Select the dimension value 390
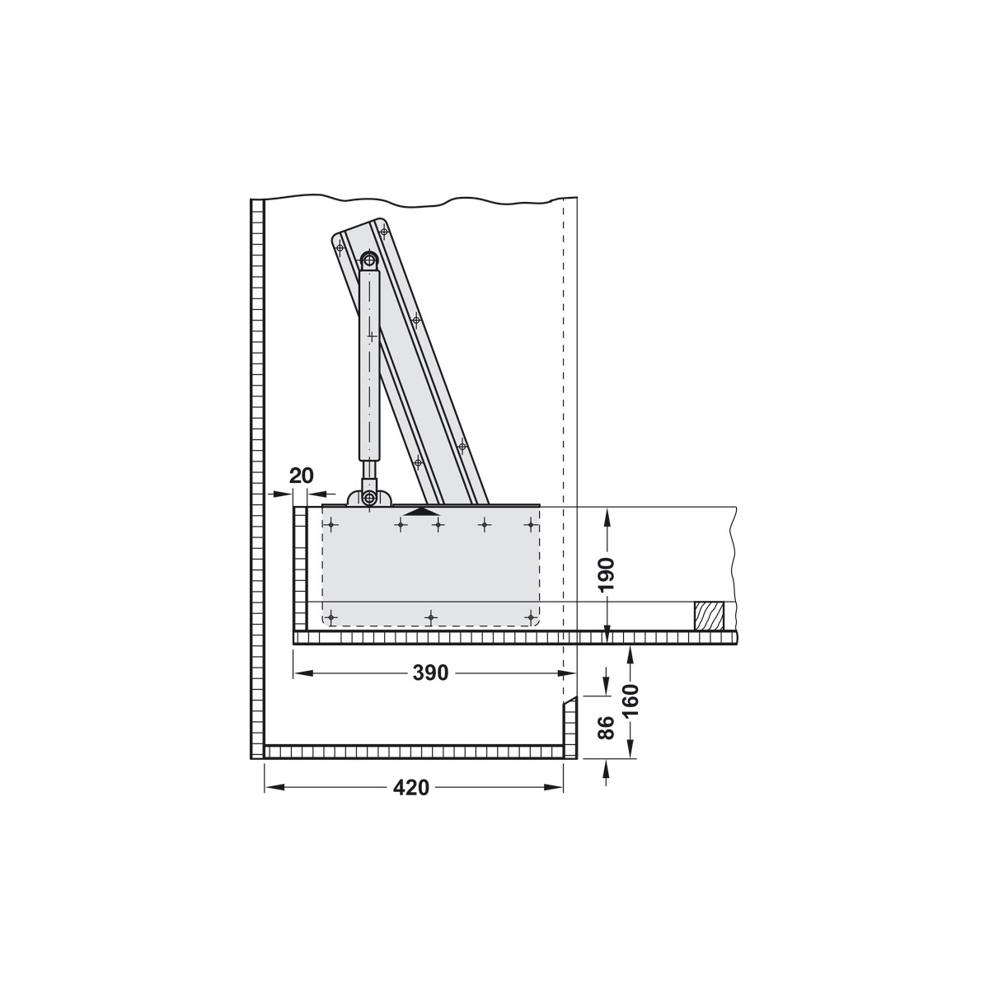pos(431,673)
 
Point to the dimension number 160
pos(630,702)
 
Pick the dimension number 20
pos(302,476)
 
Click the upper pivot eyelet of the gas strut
pos(368,259)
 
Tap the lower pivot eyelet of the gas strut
pos(369,497)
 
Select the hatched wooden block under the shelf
pos(710,616)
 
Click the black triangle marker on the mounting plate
pos(421,511)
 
